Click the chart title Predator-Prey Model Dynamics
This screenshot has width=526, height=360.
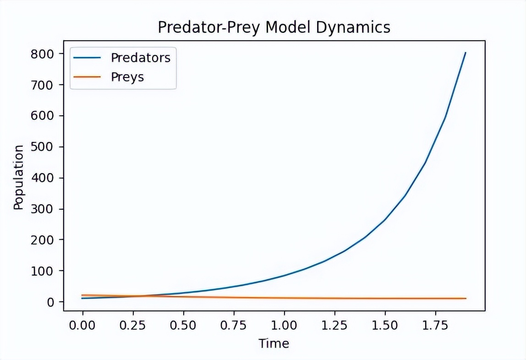click(274, 27)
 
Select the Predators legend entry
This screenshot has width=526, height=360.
click(140, 58)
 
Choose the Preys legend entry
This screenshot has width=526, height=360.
click(127, 77)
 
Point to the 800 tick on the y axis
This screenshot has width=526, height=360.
click(44, 54)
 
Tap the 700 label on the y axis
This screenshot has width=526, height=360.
click(44, 85)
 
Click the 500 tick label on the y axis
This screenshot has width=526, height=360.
click(44, 147)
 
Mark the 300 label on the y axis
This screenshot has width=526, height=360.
click(44, 209)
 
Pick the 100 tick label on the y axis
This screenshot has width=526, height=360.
click(44, 271)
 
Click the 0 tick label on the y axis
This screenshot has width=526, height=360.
click(50, 302)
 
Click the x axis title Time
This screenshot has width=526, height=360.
click(274, 344)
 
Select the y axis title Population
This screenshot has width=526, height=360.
click(18, 177)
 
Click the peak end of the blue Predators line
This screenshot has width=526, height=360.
click(465, 53)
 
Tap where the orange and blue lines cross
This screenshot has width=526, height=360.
click(138, 296)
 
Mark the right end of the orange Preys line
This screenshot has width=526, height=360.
click(466, 298)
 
